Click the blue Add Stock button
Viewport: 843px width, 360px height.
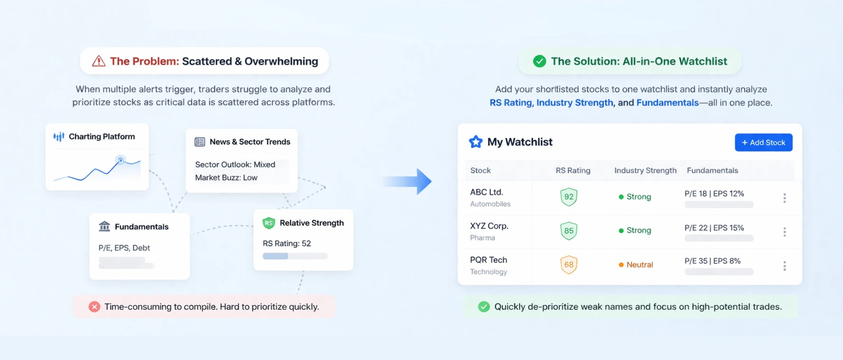pyautogui.click(x=763, y=142)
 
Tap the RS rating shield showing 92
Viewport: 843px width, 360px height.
pyautogui.click(x=568, y=197)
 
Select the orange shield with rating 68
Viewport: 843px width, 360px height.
pyautogui.click(x=568, y=265)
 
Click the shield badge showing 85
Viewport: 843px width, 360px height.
pyautogui.click(x=568, y=231)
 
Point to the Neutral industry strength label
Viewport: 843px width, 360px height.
pyautogui.click(x=639, y=265)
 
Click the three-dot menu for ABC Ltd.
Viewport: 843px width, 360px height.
pyautogui.click(x=784, y=198)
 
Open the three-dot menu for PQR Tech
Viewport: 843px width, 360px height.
pyautogui.click(x=784, y=266)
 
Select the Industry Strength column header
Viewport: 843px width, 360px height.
pyautogui.click(x=645, y=170)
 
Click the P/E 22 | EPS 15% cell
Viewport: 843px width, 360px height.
pyautogui.click(x=714, y=228)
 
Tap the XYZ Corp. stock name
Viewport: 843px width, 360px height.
pyautogui.click(x=489, y=226)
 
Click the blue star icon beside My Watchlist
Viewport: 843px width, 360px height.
pyautogui.click(x=475, y=142)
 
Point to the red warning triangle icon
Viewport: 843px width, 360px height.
pyautogui.click(x=98, y=61)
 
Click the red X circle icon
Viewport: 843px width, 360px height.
pyautogui.click(x=94, y=307)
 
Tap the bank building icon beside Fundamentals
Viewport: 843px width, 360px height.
pyautogui.click(x=105, y=226)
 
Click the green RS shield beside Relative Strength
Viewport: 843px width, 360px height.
pyautogui.click(x=268, y=223)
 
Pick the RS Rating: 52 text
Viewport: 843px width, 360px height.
pyautogui.click(x=286, y=243)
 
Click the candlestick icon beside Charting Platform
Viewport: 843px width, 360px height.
pyautogui.click(x=59, y=136)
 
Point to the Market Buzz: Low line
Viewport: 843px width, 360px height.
pyautogui.click(x=226, y=177)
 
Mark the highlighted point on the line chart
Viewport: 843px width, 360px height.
pyautogui.click(x=121, y=160)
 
